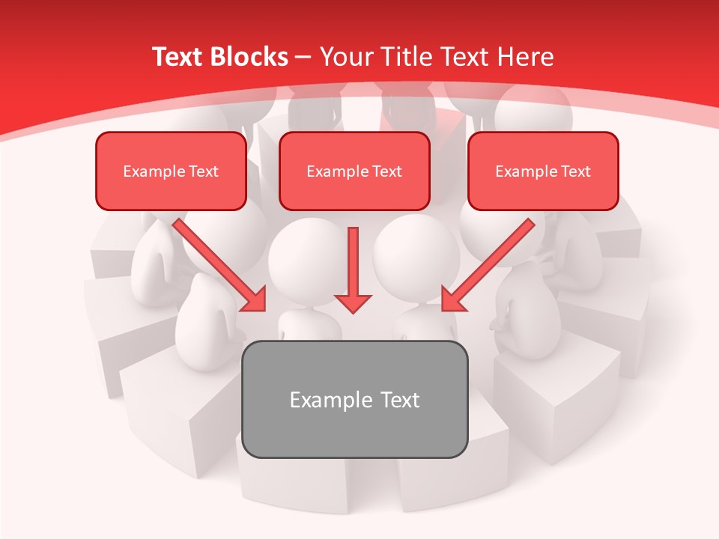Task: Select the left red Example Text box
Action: point(171,171)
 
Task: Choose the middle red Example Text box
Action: point(354,171)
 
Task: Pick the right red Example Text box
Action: point(543,171)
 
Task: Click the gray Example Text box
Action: point(354,399)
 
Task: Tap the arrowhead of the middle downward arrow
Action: point(353,302)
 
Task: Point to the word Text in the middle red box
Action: point(387,171)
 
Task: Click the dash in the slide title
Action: point(304,58)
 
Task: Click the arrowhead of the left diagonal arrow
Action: point(255,300)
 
